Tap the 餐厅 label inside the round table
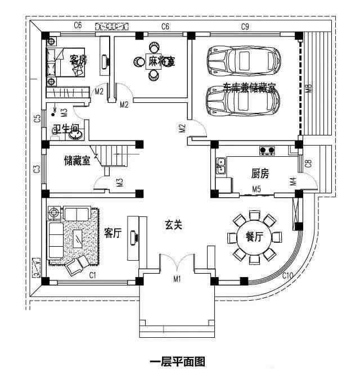[x=254, y=237]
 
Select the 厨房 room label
[x=260, y=174]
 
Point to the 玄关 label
[x=173, y=225]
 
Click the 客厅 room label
[x=113, y=233]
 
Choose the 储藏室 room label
[x=77, y=161]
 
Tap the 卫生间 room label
[x=65, y=129]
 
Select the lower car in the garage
[x=243, y=101]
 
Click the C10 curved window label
[x=287, y=275]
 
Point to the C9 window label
[x=245, y=26]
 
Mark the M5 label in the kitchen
[x=256, y=188]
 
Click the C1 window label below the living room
[x=93, y=275]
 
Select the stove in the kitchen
[x=266, y=151]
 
